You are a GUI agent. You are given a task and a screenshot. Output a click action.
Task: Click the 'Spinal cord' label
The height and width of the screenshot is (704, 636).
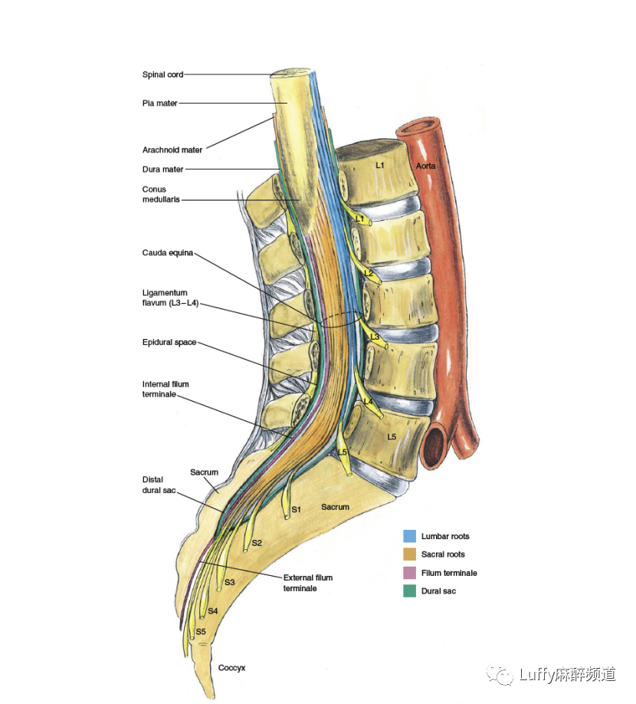(162, 74)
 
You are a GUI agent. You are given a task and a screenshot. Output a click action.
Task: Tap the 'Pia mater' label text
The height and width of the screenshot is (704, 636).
(159, 103)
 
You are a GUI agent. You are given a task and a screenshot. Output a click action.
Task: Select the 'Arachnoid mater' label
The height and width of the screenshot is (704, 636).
(172, 150)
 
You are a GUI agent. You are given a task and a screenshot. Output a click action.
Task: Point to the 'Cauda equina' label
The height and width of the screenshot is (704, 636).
(168, 252)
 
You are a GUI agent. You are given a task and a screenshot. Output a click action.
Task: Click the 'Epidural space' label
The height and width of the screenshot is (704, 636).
(169, 342)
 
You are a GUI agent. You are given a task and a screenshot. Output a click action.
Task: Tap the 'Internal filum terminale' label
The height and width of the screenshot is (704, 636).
(165, 389)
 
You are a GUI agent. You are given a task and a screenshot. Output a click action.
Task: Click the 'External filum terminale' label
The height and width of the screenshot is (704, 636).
(307, 583)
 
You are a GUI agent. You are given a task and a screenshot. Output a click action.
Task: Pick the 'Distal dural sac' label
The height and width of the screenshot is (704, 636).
(159, 485)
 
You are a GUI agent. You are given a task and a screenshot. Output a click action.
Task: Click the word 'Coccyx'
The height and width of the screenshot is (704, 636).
(231, 668)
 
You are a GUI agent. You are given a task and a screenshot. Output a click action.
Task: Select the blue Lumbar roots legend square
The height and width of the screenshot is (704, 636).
(410, 536)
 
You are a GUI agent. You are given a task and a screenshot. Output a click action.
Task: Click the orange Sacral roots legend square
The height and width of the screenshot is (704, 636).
(410, 554)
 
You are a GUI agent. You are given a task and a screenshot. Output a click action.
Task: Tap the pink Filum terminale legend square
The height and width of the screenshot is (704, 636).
(410, 573)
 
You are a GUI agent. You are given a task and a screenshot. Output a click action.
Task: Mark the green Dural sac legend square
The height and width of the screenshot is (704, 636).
(410, 591)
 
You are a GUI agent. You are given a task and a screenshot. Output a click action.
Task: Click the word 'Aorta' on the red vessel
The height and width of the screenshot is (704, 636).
(426, 166)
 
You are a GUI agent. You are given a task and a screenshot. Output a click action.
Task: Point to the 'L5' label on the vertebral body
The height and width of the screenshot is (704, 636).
(392, 436)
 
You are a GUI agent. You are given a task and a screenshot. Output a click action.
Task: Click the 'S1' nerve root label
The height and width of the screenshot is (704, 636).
(296, 509)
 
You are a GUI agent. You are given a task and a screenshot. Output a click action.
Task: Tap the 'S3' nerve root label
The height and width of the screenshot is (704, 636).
(229, 583)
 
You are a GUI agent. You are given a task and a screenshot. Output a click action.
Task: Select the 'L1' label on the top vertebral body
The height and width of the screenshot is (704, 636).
(380, 165)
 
